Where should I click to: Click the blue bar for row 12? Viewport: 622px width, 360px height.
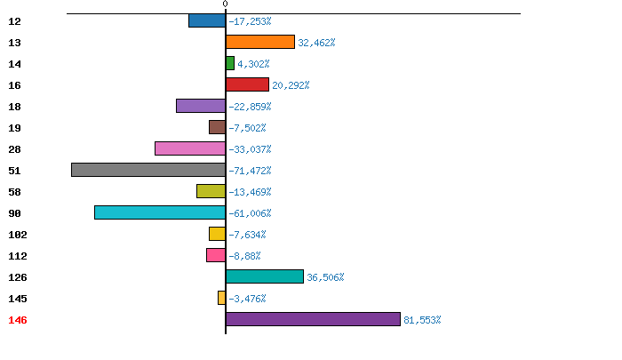(207, 20)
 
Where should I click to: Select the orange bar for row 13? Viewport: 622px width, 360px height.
(260, 42)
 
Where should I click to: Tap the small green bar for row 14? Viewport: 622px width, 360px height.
(230, 63)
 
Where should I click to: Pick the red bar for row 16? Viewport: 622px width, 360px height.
(247, 84)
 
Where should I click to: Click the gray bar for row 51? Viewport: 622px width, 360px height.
(148, 170)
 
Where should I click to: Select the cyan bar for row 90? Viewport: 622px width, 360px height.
(160, 212)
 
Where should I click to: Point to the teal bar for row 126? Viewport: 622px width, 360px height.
(265, 276)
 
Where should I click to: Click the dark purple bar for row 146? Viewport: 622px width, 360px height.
(313, 319)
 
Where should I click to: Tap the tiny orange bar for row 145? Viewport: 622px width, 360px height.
(222, 298)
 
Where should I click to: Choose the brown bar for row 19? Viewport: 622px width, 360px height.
(218, 127)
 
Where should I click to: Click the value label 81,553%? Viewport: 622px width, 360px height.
(422, 320)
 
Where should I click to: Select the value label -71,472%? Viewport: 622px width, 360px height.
(250, 171)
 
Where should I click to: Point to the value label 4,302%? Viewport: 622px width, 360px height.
(253, 64)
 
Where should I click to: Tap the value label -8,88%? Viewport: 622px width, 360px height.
(244, 256)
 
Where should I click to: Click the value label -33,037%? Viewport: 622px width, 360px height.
(250, 149)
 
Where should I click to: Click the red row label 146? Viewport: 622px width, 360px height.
(18, 320)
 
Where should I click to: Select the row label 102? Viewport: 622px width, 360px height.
(18, 235)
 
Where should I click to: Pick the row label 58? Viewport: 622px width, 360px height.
(15, 192)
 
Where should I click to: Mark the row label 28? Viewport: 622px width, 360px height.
(15, 149)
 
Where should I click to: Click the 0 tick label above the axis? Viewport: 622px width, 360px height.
(226, 4)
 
